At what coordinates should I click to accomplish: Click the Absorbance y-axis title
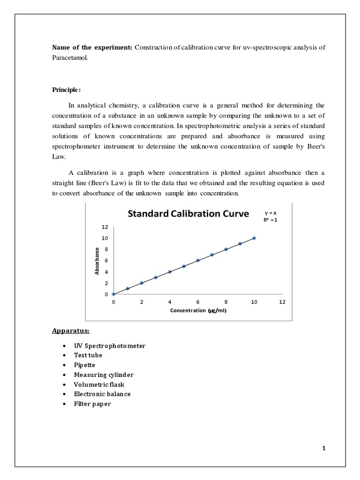point(97,260)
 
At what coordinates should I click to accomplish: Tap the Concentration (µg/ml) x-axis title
point(198,311)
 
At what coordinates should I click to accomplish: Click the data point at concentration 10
point(254,238)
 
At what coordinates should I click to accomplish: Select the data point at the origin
point(113,294)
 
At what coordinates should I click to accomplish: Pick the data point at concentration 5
point(184,266)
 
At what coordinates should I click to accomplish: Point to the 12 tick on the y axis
point(105,227)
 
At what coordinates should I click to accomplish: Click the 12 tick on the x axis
point(282,302)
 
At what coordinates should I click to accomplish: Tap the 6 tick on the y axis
point(106,261)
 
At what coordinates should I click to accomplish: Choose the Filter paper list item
point(92,404)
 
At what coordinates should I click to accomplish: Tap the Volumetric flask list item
point(99,384)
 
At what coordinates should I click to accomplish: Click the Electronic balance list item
point(102,394)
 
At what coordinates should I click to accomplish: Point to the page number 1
point(323,448)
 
